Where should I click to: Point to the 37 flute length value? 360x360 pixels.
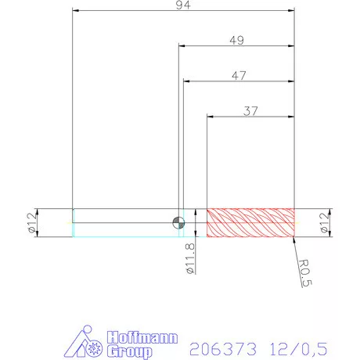point(250,110)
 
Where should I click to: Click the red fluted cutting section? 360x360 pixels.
point(250,222)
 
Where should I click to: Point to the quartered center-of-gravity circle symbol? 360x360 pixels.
point(179,222)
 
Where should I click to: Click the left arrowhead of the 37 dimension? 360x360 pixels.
point(210,117)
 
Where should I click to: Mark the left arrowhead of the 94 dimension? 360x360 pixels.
point(75,11)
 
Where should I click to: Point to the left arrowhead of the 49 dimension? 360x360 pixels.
point(182,46)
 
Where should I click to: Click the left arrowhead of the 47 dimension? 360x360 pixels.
point(186,81)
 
